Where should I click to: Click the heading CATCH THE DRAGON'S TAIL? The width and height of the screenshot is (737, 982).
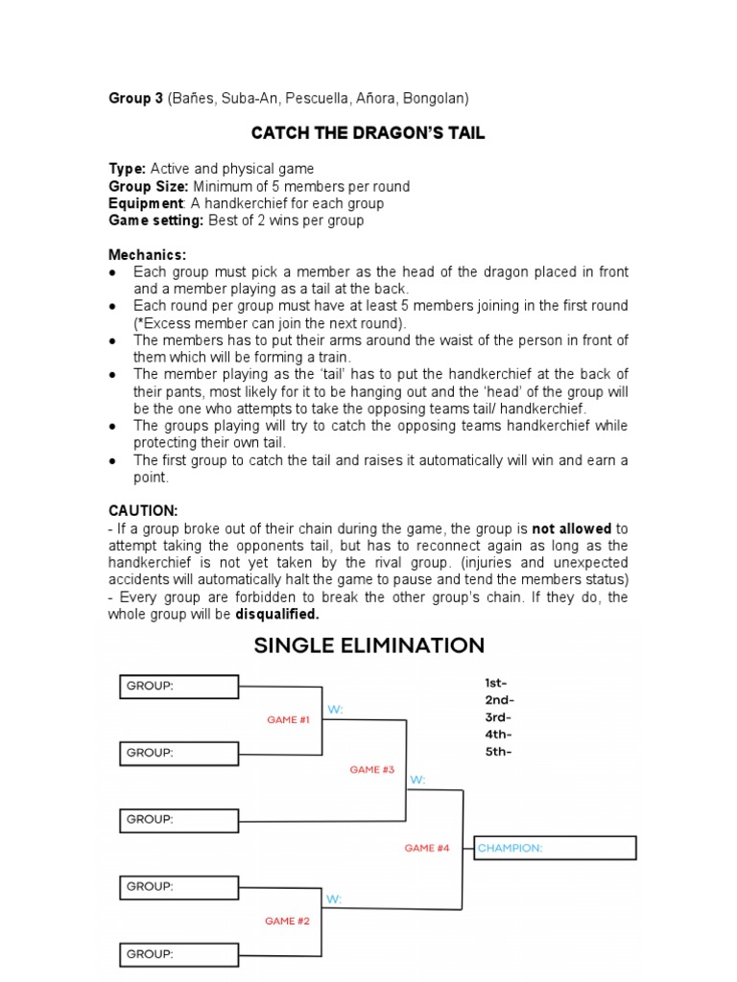368,133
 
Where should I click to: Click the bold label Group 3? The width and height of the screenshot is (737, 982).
135,98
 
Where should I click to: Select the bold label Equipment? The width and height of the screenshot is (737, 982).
145,203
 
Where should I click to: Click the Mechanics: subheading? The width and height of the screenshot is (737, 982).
147,255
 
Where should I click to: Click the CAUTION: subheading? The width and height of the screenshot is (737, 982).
143,511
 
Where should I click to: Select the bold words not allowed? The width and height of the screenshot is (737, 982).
571,528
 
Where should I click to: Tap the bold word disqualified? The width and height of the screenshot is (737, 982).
276,614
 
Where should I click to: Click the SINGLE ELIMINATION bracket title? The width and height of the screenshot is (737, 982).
368,645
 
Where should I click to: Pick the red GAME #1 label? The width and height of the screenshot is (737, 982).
288,719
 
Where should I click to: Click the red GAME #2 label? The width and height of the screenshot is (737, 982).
288,921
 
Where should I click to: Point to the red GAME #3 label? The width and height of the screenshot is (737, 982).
372,769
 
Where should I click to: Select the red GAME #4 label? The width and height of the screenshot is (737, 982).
427,848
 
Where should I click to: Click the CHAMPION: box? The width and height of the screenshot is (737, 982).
555,848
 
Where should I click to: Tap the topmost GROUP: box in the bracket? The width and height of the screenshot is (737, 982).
179,686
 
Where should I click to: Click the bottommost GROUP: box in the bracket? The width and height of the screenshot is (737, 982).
179,954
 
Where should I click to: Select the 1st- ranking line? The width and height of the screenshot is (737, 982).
497,683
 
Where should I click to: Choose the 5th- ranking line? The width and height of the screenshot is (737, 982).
497,752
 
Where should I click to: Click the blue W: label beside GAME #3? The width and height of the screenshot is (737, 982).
417,780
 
